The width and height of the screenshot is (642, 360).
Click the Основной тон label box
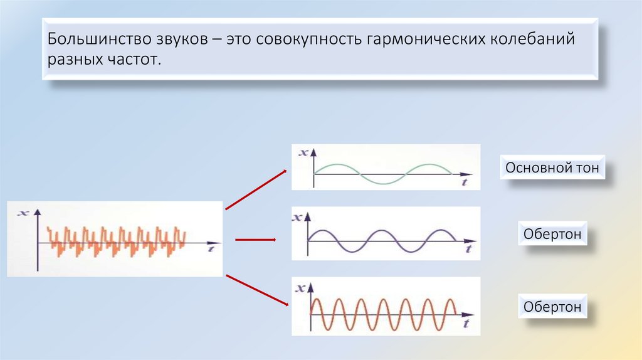(552, 168)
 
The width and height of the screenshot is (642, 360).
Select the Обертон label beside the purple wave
(552, 235)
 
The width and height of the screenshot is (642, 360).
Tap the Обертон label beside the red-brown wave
(552, 307)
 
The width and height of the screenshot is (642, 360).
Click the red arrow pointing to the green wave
(256, 189)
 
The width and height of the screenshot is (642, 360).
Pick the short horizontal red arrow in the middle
(255, 239)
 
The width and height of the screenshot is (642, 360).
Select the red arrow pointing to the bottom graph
(256, 290)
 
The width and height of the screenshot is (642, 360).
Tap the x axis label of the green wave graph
(304, 152)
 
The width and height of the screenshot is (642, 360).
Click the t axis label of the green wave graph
(464, 181)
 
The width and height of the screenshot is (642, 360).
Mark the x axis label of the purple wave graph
(297, 218)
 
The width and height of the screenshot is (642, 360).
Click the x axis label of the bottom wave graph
(300, 288)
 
